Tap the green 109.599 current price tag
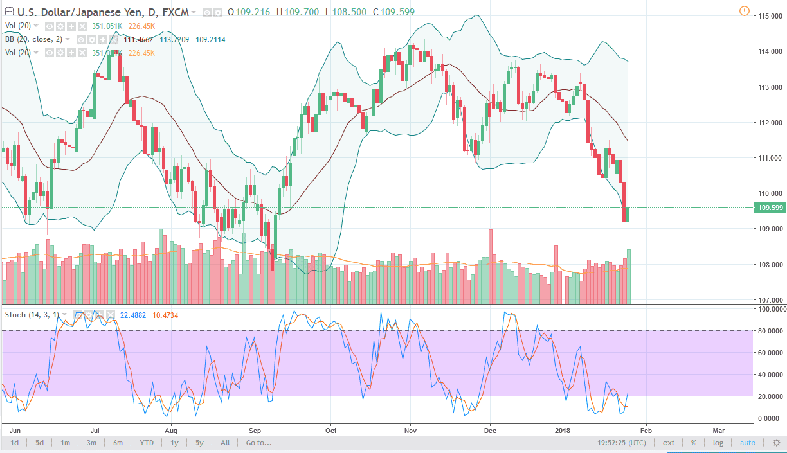770,208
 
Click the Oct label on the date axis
331,430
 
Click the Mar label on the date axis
718,430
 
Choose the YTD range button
147,443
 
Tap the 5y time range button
199,443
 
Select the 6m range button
118,443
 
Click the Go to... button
258,443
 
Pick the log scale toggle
718,443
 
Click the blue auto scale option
748,443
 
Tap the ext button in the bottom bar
669,443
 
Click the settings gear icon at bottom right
776,443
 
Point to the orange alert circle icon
744,11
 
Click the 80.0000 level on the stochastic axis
770,331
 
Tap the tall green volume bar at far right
629,276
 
